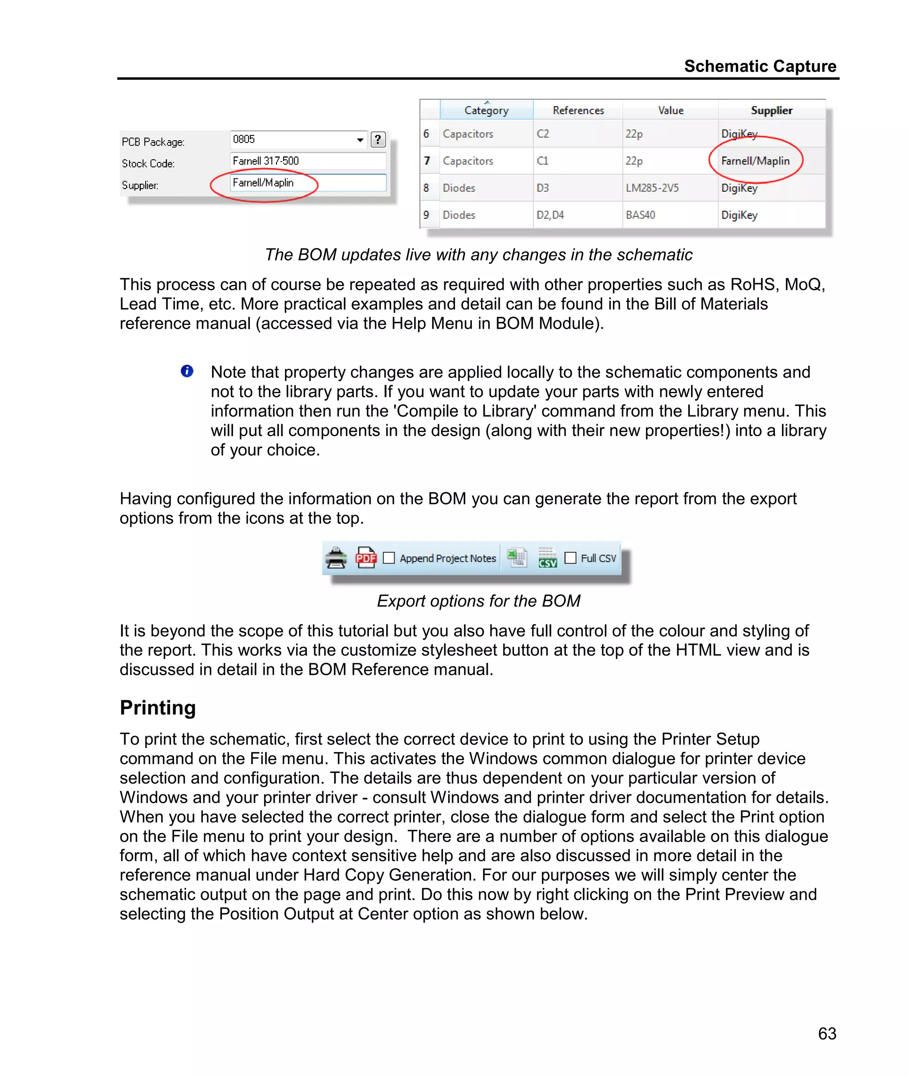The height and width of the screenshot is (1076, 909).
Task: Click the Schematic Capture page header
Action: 759,66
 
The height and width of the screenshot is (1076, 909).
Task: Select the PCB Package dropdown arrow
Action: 360,140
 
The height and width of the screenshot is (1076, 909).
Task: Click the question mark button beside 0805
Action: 378,140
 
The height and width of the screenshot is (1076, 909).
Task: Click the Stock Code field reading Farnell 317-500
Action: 308,161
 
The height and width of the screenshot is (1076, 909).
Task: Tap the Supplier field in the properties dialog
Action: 308,183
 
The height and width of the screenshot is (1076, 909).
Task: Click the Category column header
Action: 486,110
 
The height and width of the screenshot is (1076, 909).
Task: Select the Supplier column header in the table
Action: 771,110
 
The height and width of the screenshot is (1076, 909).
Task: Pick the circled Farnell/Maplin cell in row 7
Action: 755,161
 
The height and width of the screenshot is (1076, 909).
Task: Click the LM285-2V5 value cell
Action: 652,188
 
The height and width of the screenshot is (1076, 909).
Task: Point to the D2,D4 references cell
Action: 550,215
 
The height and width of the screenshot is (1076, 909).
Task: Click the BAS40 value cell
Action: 640,215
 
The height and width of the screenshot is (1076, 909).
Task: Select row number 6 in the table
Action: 426,134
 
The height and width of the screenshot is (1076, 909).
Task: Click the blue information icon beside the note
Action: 187,371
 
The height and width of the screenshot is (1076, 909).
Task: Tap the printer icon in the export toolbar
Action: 336,558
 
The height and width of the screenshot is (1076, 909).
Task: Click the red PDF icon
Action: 366,558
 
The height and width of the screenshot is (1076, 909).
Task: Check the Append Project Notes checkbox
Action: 389,558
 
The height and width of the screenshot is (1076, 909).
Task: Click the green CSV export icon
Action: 547,558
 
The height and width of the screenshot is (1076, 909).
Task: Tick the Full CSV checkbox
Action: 570,558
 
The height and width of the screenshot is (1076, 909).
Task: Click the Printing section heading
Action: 158,708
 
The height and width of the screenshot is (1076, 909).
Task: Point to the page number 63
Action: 826,1033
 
